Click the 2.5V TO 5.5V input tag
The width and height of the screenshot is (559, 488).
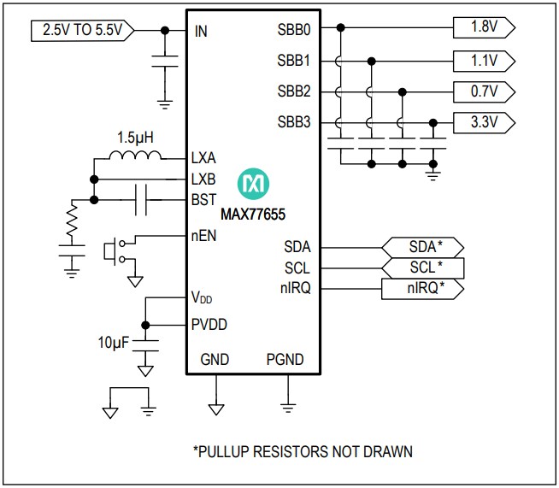tap(82, 31)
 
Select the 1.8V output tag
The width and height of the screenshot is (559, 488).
tap(484, 27)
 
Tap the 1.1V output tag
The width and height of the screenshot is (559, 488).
tap(484, 60)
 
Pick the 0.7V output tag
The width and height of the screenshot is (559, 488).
tap(484, 91)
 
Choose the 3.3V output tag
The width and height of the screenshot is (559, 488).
tap(484, 123)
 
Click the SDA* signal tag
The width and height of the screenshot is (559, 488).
tap(422, 247)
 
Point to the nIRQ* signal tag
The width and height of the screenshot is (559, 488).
tap(422, 289)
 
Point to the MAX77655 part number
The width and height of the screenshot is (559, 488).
tap(254, 208)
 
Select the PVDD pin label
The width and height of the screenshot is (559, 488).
tap(209, 324)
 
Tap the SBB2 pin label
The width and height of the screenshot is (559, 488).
tap(293, 91)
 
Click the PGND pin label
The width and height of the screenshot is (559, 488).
tap(285, 360)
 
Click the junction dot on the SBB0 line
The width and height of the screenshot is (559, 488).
tap(340, 27)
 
